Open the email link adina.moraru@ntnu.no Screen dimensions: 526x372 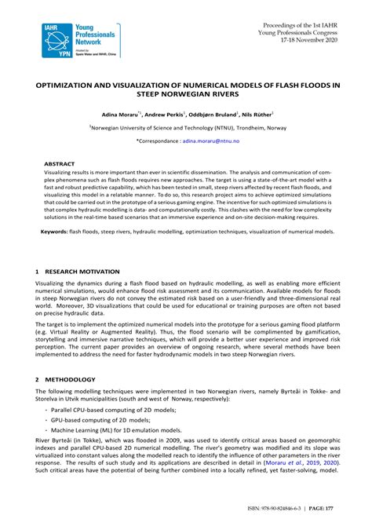(213, 141)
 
